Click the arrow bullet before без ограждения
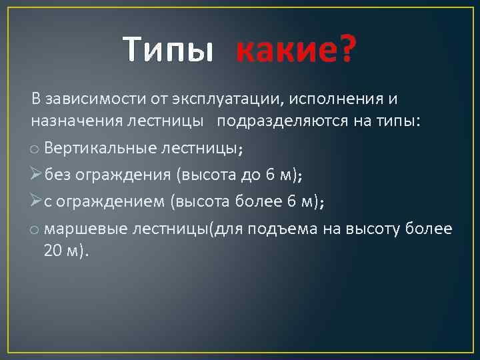click(x=37, y=175)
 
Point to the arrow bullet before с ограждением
click(x=37, y=201)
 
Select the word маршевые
click(x=83, y=229)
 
